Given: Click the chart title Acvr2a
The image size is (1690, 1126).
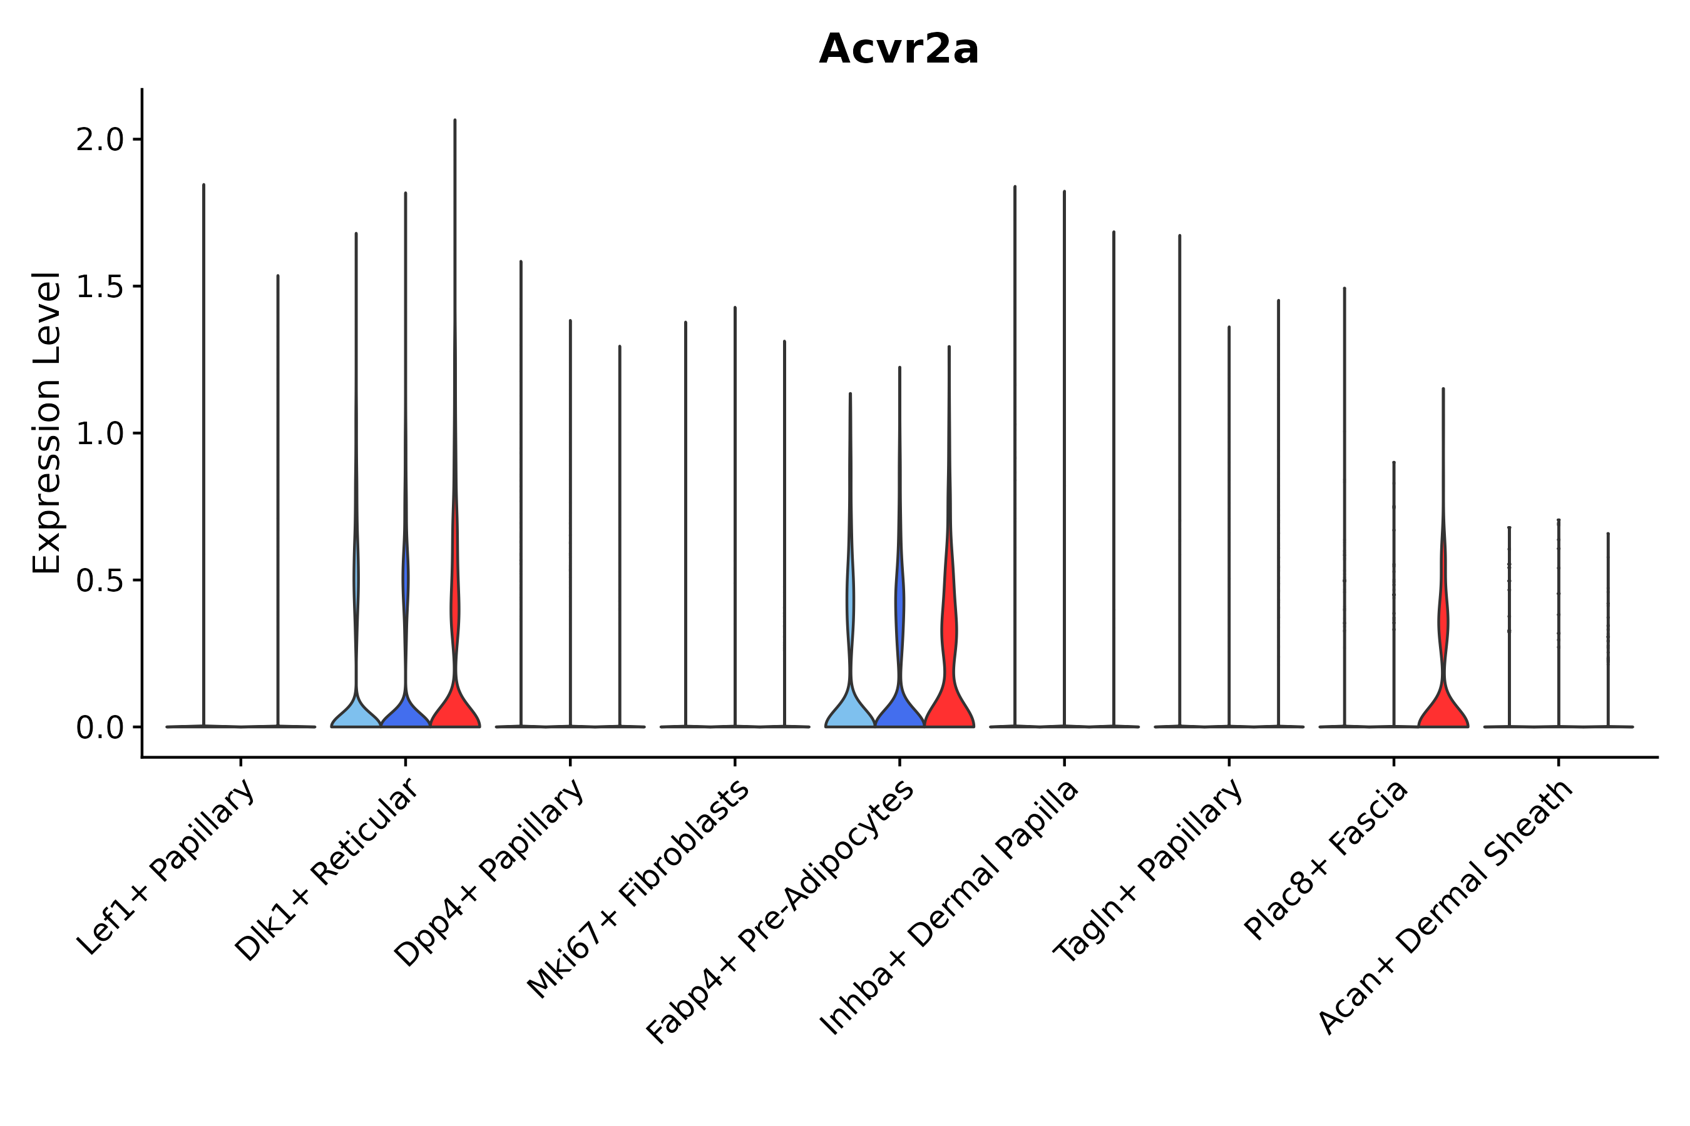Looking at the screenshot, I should (898, 49).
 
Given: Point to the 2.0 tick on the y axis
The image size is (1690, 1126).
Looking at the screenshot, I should (100, 140).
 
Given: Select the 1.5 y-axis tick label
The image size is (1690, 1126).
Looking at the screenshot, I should (100, 287).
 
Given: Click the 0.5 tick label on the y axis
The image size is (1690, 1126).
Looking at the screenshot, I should (100, 582).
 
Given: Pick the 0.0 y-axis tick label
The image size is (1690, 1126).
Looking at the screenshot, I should (100, 729).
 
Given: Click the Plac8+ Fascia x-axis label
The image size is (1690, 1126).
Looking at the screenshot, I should (1326, 860).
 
